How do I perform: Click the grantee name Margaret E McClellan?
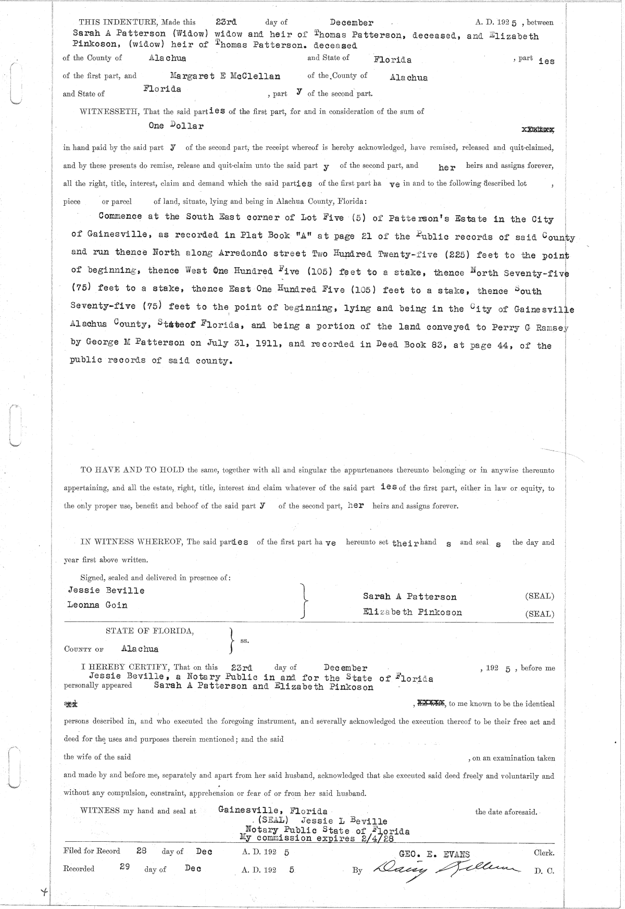point(225,76)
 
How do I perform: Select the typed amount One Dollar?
point(176,126)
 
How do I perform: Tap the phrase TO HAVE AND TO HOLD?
point(133,470)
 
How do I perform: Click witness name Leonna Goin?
point(97,605)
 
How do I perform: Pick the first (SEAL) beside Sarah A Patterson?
point(540,596)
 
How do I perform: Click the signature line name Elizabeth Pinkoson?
point(412,612)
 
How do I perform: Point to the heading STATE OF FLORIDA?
point(150,631)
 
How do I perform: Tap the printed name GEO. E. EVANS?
point(434,854)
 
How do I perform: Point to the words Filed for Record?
point(92,851)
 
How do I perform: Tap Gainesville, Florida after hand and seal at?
point(273,811)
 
